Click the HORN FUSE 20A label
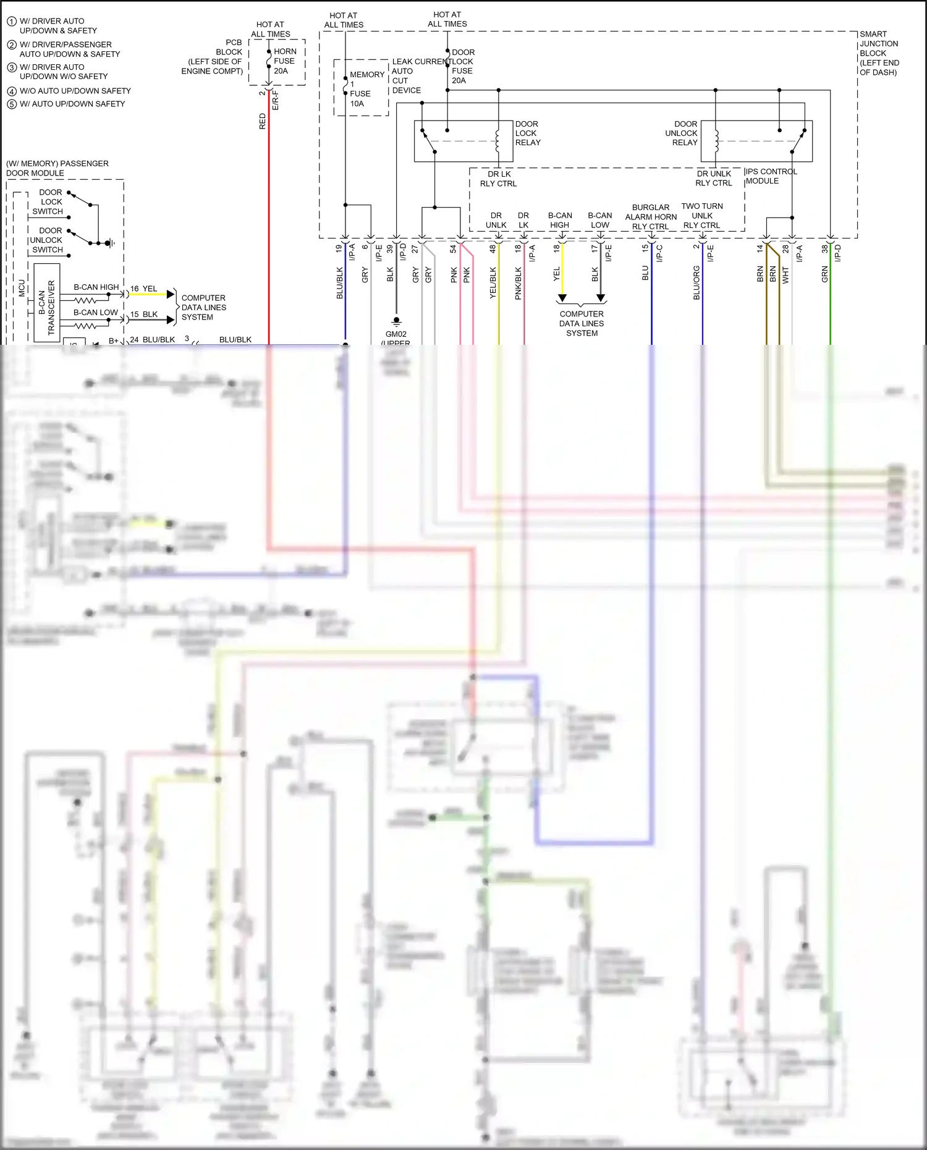(x=284, y=61)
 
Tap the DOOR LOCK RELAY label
(x=527, y=133)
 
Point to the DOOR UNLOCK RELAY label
(x=682, y=133)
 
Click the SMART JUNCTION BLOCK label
(x=879, y=53)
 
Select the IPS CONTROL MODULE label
(x=771, y=176)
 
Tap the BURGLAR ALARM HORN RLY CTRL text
(x=651, y=217)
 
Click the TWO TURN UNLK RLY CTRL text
(x=702, y=216)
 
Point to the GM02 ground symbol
(x=396, y=322)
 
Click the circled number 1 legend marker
(x=12, y=22)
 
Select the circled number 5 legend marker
(x=12, y=104)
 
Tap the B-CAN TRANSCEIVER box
(x=47, y=302)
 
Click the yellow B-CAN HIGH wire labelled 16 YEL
(x=148, y=295)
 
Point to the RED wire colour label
(x=263, y=121)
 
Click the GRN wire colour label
(x=824, y=274)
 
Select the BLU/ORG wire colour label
(x=696, y=283)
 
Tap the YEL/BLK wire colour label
(x=493, y=283)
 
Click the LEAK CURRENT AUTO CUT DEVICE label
(x=406, y=76)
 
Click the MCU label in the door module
(x=22, y=287)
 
